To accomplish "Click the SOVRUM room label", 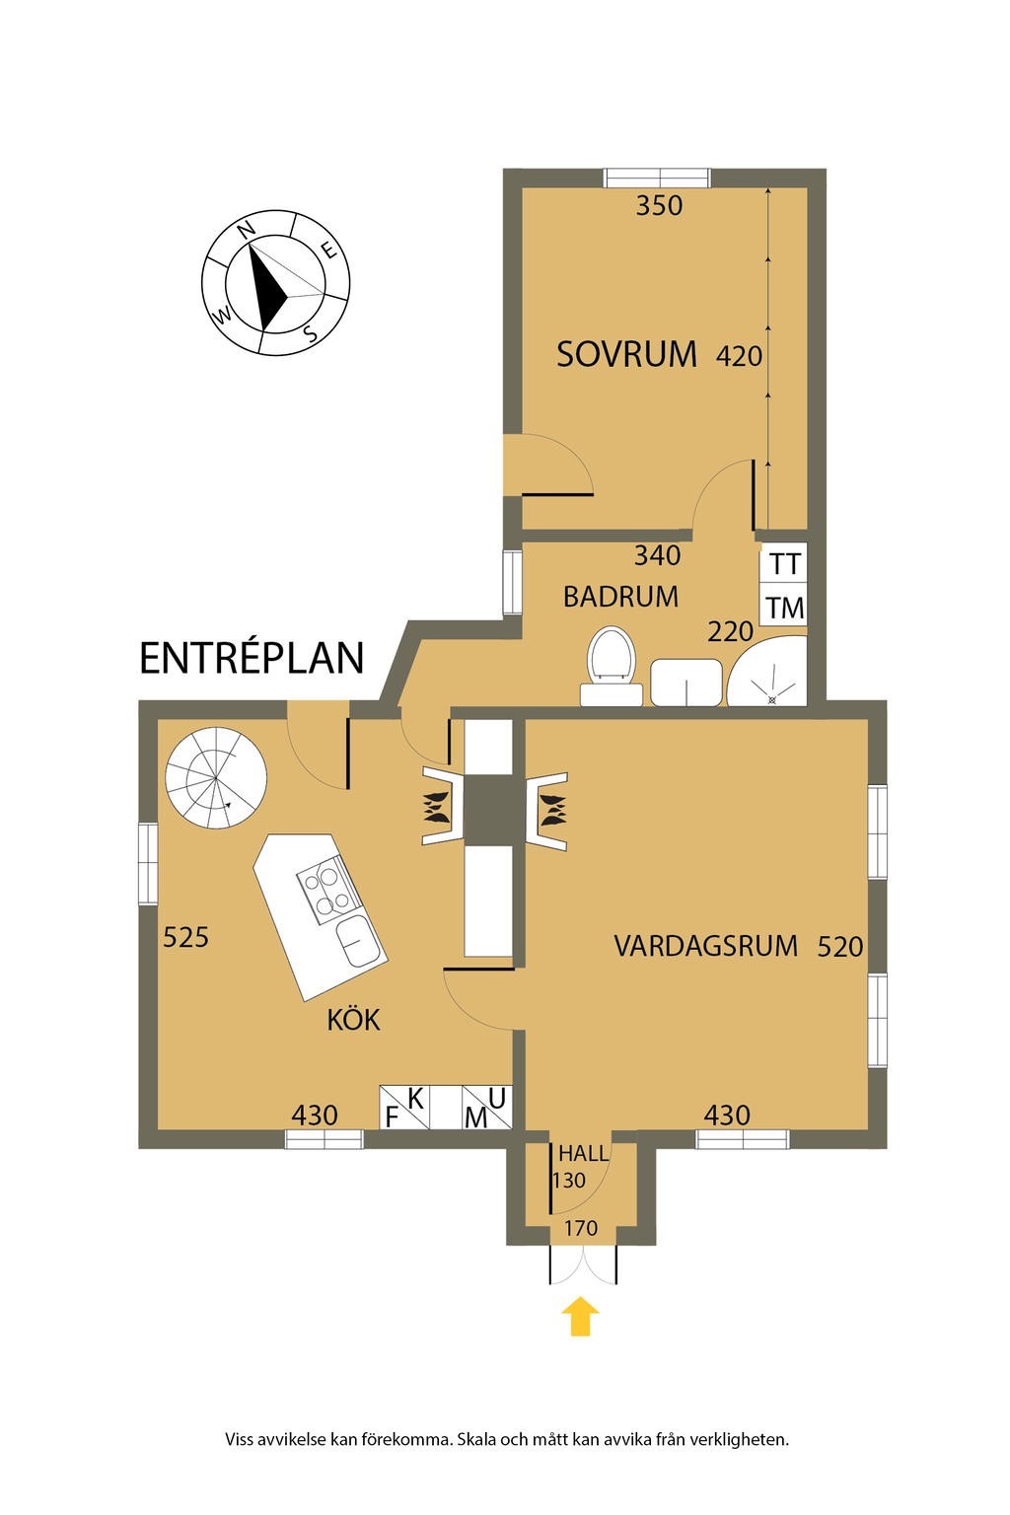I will point(626,354).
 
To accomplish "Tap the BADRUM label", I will point(620,597).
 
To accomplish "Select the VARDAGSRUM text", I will point(705,946).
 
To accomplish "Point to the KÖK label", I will point(354,1020).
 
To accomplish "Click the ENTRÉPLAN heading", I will point(252,658).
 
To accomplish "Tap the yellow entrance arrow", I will point(581,1316).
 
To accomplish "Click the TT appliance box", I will point(785,565).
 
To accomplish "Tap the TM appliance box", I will point(785,608).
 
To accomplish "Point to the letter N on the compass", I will point(248,229).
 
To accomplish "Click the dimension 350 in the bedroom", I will point(659,206).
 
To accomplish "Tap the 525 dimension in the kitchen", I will point(186,936).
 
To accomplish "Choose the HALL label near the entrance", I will point(583,1153).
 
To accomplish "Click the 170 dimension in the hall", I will point(581,1229).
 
